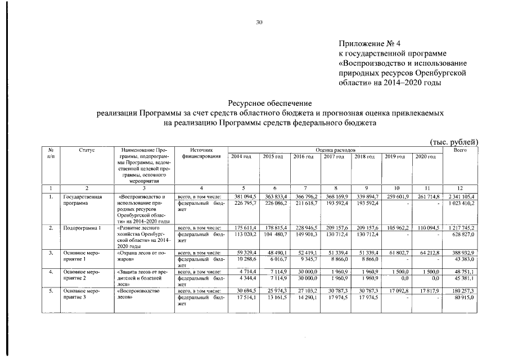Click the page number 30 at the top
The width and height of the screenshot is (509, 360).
coord(259,22)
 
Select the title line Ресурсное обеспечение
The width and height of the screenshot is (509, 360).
coord(269,103)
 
